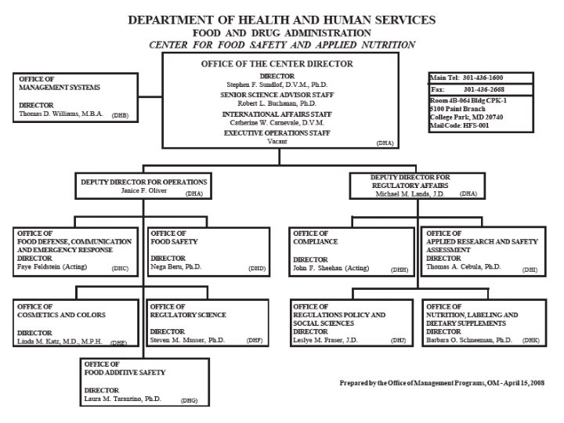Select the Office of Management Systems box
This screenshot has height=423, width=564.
74,98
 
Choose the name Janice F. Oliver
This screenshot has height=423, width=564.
144,190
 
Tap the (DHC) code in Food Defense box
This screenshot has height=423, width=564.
120,269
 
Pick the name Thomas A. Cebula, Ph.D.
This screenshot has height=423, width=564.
463,266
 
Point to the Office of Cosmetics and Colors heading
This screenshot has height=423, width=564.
62,311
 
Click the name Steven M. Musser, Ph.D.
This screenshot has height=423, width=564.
187,341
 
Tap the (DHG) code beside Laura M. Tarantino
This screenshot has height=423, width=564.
190,400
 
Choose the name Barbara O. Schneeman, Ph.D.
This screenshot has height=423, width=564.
469,341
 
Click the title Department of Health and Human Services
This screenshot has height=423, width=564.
282,19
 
